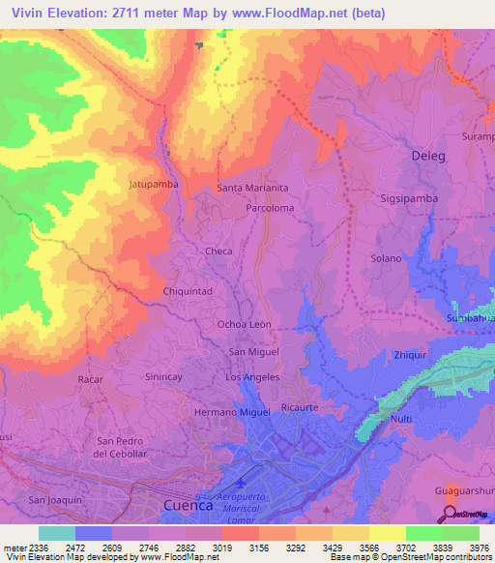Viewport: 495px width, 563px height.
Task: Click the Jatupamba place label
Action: [153, 182]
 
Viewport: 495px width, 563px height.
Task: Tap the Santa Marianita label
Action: [253, 188]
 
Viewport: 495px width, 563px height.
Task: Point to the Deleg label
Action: [431, 155]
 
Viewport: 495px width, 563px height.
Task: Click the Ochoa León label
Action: [245, 324]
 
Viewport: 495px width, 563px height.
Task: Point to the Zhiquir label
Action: [411, 355]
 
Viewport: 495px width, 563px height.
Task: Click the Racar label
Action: [90, 379]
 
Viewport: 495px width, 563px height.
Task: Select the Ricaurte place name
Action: [300, 407]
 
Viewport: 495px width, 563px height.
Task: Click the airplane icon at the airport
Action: [241, 475]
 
